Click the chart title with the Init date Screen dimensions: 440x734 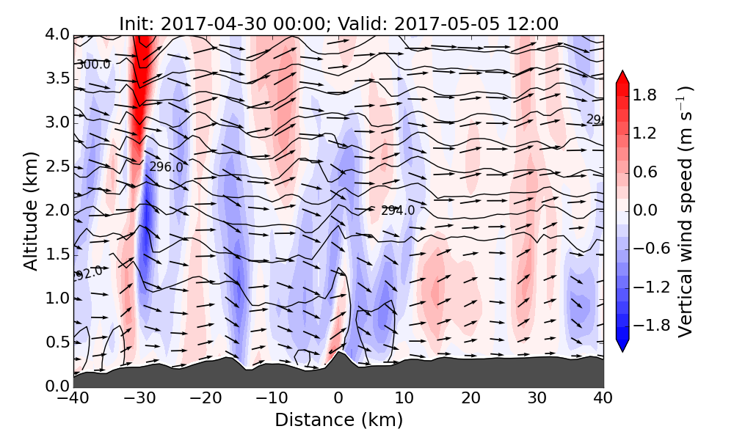point(338,23)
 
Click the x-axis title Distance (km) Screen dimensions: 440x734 point(338,420)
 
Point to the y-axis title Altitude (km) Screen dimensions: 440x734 point(31,210)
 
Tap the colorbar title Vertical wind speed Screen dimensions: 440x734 point(686,211)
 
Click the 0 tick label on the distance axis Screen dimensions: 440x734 point(338,398)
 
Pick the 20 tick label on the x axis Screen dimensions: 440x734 point(470,398)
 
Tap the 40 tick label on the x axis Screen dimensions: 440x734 point(603,398)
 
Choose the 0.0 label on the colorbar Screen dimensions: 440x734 point(650,210)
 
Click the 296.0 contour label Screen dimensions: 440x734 point(166,167)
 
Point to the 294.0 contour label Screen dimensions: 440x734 point(398,210)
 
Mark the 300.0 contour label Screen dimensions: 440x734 point(93,65)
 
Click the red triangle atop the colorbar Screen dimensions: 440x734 point(622,76)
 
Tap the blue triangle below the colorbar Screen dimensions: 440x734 point(622,345)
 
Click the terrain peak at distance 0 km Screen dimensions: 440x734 point(338,354)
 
